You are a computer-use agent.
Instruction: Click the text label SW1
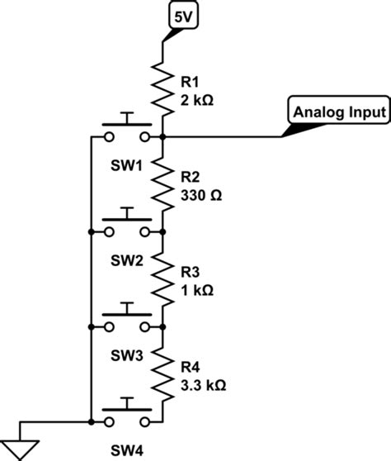coord(127,165)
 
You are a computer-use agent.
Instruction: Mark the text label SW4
coord(127,450)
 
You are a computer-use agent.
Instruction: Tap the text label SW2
coord(127,260)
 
